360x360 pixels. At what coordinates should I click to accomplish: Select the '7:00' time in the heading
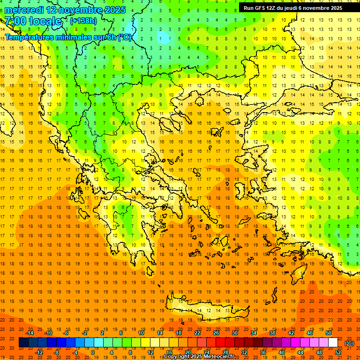pos(15,21)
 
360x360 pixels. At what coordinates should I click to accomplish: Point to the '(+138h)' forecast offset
pos(83,21)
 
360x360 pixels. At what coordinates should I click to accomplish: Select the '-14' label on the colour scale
pos(30,333)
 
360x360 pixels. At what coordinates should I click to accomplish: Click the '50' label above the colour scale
pos(328,333)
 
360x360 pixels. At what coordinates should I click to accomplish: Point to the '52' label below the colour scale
pos(338,352)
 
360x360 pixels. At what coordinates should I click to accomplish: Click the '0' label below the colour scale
pos(93,352)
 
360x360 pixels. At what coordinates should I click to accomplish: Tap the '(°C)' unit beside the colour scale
pos(349,343)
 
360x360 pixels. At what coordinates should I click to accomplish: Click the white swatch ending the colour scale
pos(333,343)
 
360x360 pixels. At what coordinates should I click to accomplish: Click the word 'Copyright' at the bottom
pos(177,357)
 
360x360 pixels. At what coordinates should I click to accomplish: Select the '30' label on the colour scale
pos(234,333)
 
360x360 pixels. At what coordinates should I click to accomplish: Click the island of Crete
pos(206,309)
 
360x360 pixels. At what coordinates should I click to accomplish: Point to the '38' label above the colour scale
pos(272,333)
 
